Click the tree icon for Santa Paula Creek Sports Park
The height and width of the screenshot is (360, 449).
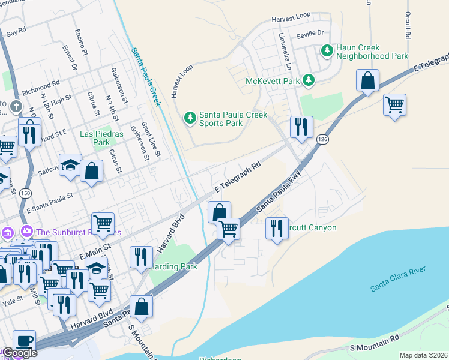190,117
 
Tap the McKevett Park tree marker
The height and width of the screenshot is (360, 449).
308,80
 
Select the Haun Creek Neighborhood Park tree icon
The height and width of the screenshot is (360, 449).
327,51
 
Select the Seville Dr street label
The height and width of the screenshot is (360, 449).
310,33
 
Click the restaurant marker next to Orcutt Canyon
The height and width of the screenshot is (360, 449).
276,229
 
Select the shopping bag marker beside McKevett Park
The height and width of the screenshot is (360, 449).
367,80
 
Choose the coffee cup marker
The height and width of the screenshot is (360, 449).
24,341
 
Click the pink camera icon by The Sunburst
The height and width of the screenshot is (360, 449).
26,232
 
